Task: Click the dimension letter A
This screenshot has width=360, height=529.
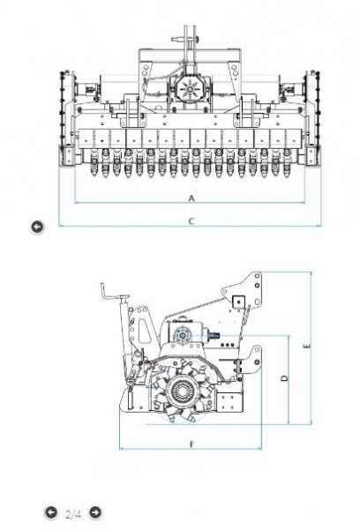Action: (191, 198)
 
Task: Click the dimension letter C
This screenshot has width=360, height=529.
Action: (191, 221)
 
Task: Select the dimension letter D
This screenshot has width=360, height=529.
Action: (285, 378)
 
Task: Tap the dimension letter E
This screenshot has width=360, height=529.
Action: (307, 346)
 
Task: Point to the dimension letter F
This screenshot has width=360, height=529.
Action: (191, 444)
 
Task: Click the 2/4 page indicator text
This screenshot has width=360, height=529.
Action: (73, 515)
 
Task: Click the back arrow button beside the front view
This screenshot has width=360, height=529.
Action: (37, 227)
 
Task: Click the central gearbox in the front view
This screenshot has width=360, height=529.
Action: (190, 89)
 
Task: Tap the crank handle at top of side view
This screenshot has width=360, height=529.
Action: (113, 294)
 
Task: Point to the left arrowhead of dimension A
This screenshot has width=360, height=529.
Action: (76, 203)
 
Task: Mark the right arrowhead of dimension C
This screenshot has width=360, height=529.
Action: (319, 226)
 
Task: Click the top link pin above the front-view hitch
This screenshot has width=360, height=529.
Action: (185, 40)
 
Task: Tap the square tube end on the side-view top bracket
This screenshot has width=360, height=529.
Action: (238, 302)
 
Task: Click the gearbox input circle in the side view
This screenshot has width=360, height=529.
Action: (183, 335)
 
